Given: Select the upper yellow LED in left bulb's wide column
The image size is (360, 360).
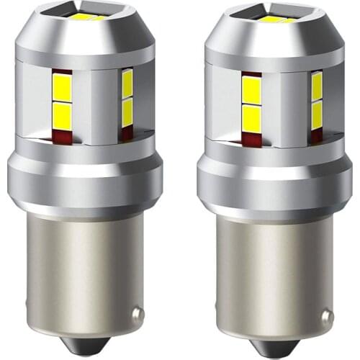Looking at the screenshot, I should click(63, 90).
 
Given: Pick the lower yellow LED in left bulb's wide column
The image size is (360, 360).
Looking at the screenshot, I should click(63, 117).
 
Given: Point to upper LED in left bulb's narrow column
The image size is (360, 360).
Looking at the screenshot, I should click(127, 85).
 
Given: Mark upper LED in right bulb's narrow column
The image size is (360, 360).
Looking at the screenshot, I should click(316, 87).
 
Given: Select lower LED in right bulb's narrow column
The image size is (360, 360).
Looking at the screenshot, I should click(316, 114).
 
